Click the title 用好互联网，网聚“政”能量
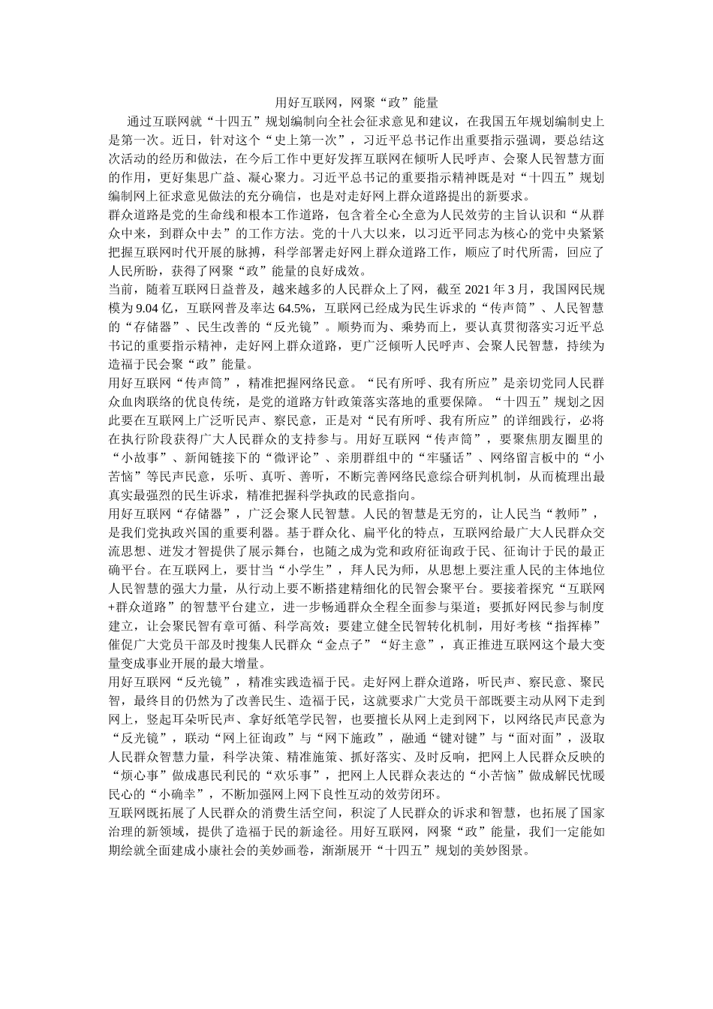[356, 102]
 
